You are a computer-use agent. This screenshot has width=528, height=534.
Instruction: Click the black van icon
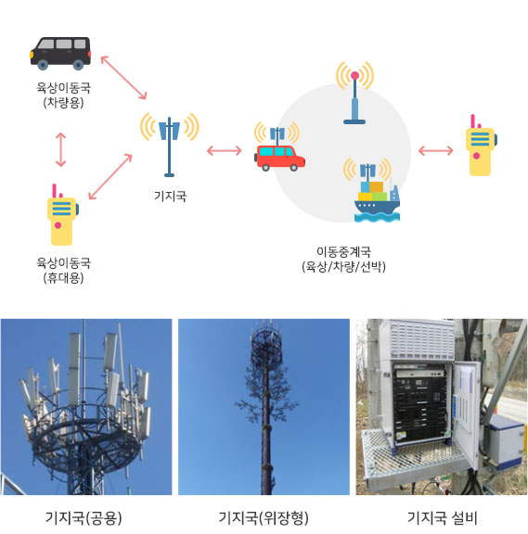[60, 54]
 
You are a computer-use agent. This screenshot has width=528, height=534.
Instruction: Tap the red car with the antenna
[279, 158]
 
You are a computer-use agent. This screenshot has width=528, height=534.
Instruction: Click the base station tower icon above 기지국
[170, 146]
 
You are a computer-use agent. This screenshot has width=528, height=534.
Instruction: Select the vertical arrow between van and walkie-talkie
[60, 150]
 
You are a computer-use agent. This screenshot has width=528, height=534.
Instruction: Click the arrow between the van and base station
[123, 78]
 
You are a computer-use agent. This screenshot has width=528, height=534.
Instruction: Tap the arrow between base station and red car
[224, 150]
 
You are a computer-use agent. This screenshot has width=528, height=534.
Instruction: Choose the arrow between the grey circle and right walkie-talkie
[435, 150]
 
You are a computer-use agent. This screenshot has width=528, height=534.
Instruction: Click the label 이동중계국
[343, 252]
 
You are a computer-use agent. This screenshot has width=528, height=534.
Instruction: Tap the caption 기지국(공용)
[84, 518]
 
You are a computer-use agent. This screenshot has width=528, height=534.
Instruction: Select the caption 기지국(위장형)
[264, 518]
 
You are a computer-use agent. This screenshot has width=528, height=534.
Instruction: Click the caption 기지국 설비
[442, 518]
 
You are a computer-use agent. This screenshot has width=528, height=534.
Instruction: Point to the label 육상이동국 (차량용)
[63, 95]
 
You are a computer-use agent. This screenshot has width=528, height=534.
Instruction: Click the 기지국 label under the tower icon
[170, 197]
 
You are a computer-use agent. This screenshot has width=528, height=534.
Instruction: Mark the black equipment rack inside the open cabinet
[420, 403]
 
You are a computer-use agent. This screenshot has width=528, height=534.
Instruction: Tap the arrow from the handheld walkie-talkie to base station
[110, 177]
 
